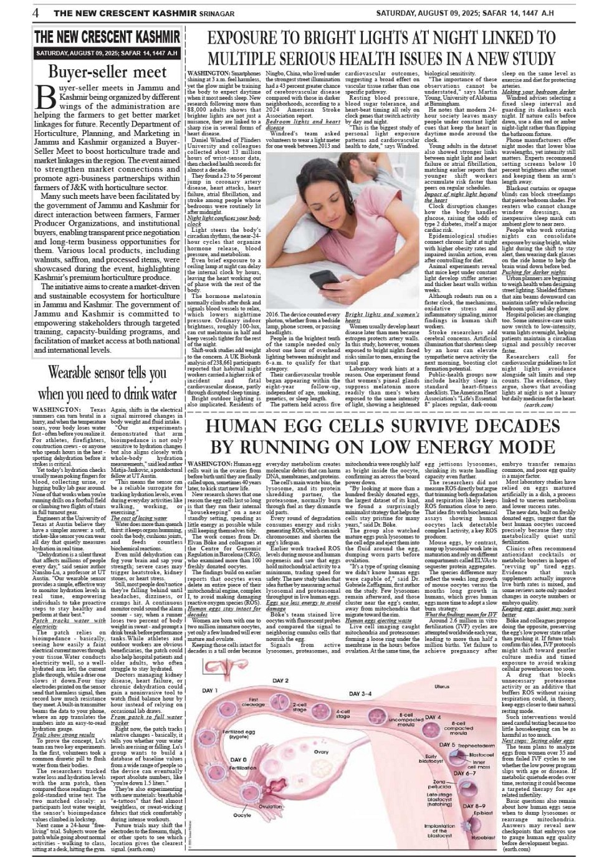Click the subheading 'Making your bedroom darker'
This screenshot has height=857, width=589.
point(539,92)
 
